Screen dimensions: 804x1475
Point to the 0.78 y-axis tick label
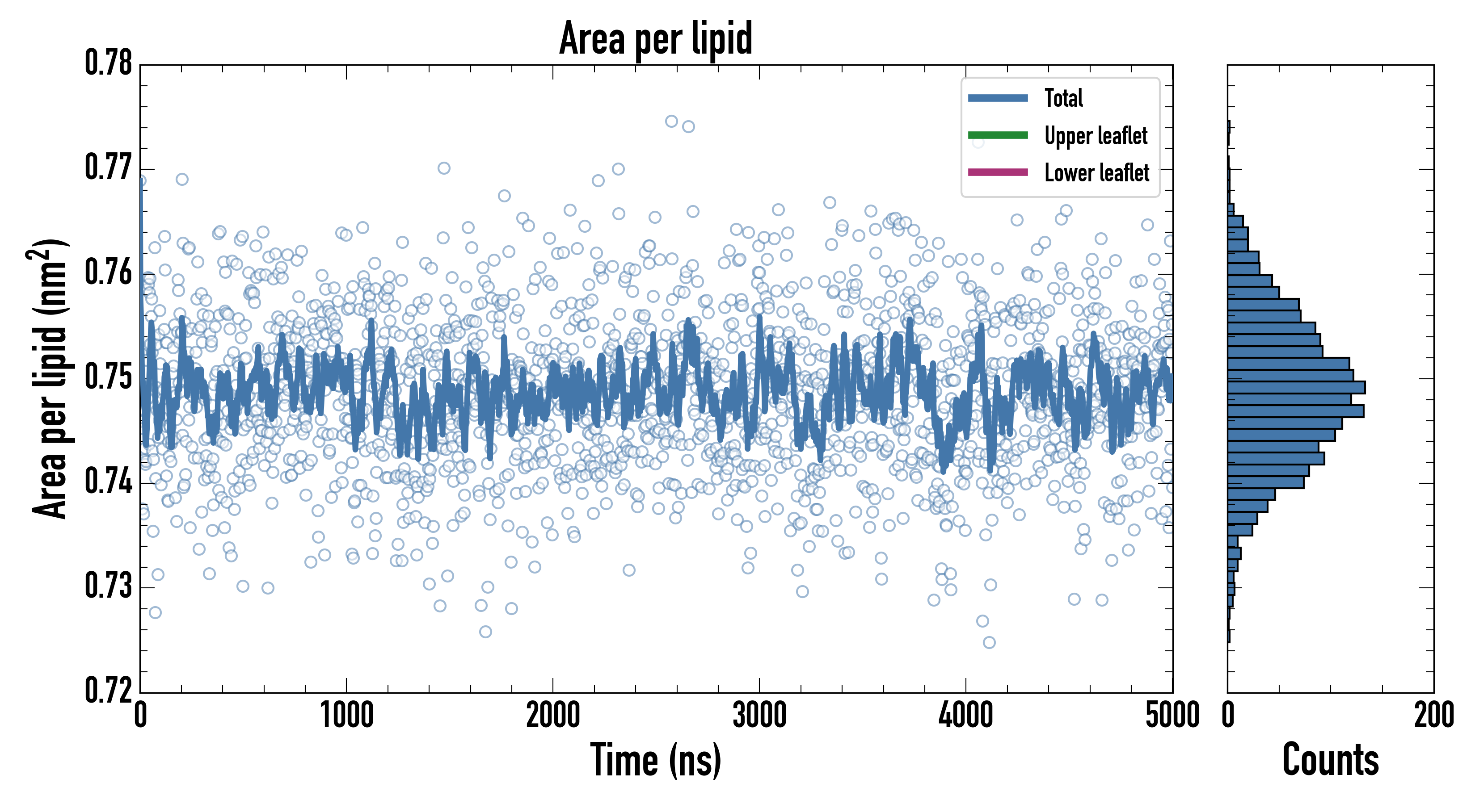109,63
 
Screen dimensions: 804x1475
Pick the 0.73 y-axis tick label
109,586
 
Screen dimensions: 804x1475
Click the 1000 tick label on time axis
346,715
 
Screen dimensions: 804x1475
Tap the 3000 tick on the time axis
759,715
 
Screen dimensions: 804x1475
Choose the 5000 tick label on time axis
1172,715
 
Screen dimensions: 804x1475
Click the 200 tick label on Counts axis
1433,715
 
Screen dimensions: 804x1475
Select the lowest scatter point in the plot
989,642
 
